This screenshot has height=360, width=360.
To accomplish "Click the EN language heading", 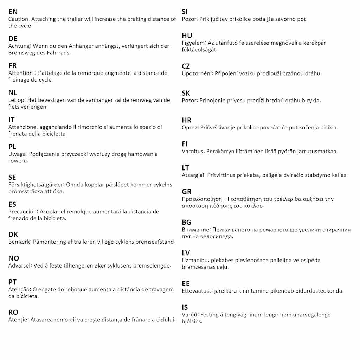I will click(13, 12).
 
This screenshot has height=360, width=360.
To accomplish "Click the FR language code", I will click(13, 66).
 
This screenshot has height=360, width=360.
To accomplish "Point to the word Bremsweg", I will click(20, 53).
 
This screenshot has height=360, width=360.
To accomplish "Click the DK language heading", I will click(13, 234).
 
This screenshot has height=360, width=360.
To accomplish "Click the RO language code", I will click(13, 312).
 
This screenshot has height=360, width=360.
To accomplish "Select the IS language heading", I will click(185, 308).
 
